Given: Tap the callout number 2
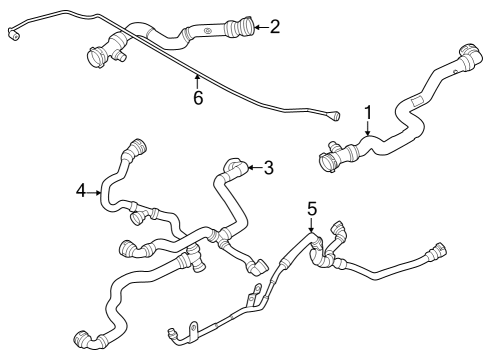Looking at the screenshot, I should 275,27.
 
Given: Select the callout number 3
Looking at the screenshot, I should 269,168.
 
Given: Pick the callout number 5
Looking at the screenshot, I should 312,209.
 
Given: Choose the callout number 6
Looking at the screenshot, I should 197,99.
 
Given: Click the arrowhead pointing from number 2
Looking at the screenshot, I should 253,27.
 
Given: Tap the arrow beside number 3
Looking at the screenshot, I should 251,168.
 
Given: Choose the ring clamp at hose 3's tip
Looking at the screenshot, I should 232,165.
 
